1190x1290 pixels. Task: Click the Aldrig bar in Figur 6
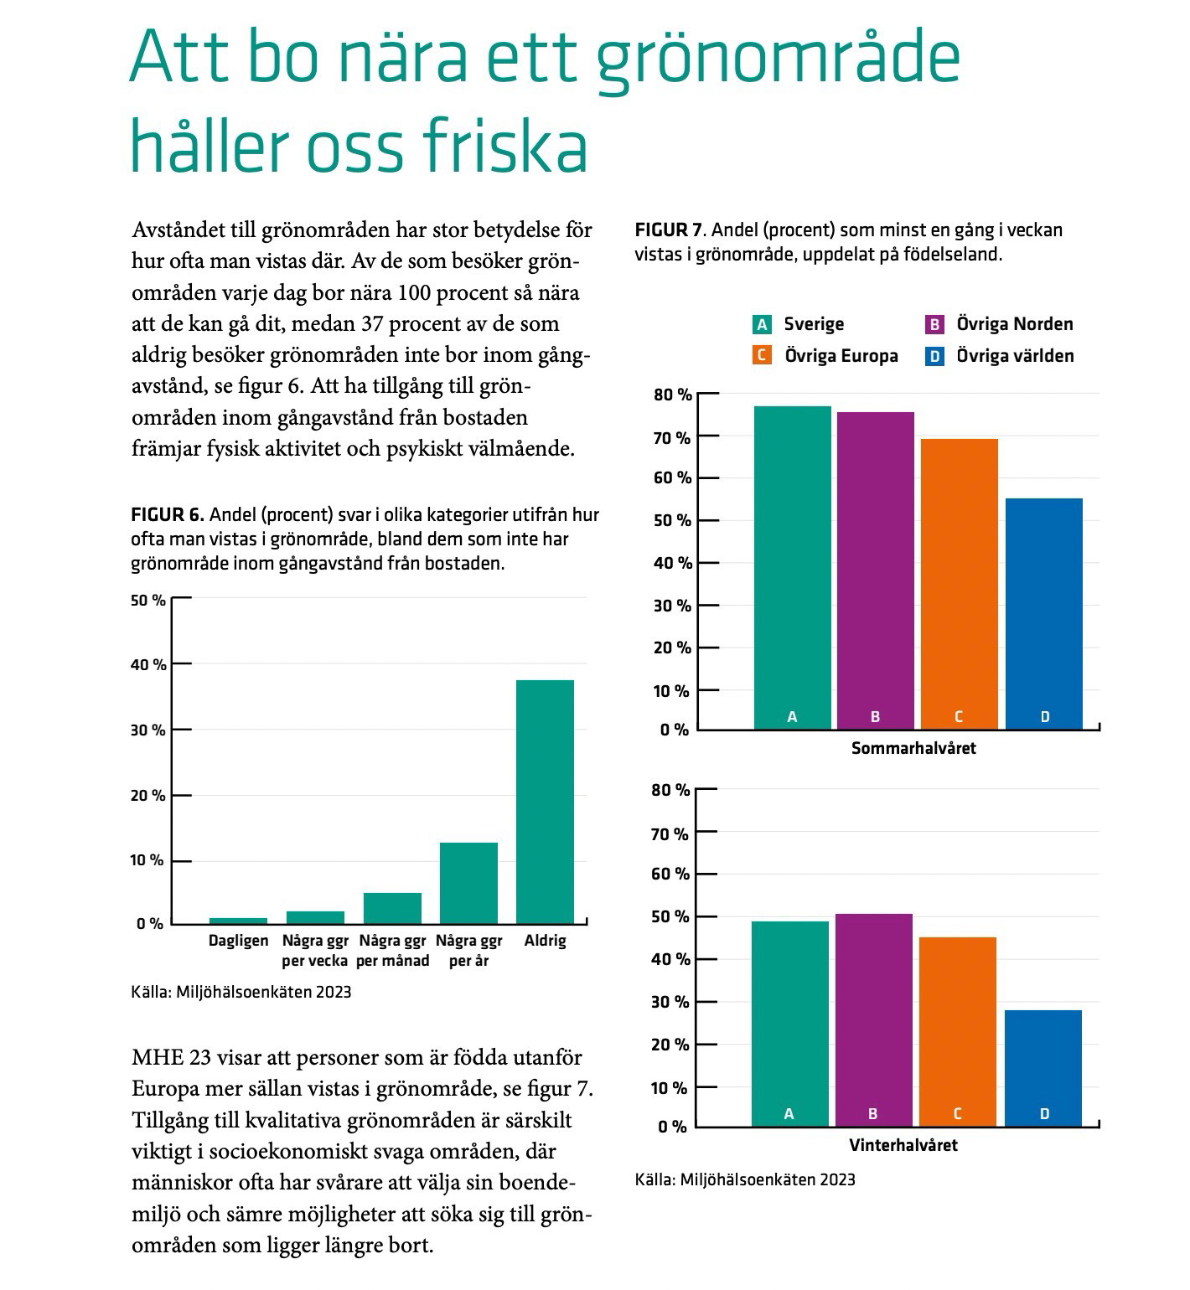click(545, 802)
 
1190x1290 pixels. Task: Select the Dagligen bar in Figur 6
click(238, 921)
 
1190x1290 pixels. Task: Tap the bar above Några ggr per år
click(468, 883)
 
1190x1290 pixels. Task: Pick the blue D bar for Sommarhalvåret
click(1044, 614)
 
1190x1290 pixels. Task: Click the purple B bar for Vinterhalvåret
click(873, 1020)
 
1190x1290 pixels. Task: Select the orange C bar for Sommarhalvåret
click(960, 584)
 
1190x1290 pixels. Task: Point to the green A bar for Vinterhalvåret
click(789, 1024)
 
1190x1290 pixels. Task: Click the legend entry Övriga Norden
click(999, 324)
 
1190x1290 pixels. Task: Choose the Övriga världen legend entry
click(999, 356)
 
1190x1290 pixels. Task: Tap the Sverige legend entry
click(799, 324)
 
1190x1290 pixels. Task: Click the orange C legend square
click(762, 356)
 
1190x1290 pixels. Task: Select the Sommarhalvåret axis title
click(913, 748)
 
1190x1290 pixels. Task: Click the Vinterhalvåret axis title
click(903, 1145)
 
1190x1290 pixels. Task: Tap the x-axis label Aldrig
click(545, 941)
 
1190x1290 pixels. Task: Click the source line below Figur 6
click(241, 993)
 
